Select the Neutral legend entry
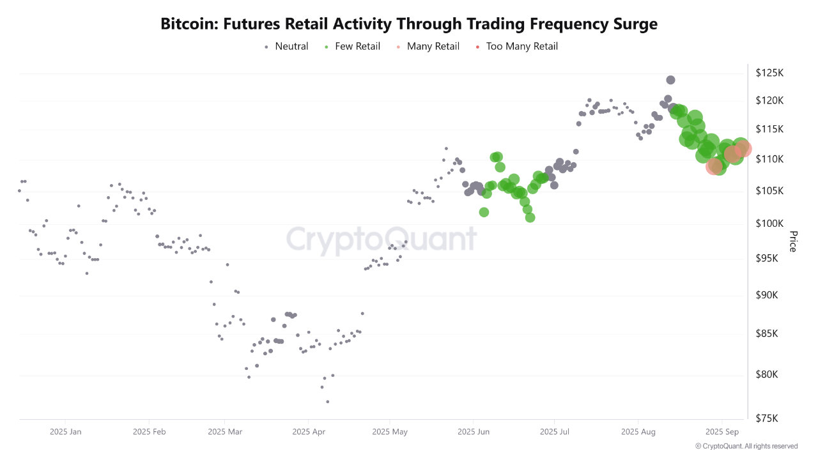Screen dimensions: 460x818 (291, 46)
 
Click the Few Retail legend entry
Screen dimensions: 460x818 (357, 46)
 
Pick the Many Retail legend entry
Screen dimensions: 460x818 (433, 46)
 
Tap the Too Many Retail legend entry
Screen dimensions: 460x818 (521, 46)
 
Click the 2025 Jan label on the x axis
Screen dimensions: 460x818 (66, 432)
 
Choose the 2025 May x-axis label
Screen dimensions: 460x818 (389, 432)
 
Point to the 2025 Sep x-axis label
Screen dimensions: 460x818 (722, 432)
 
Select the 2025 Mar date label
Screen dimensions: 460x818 (226, 432)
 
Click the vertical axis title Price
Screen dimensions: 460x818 (793, 241)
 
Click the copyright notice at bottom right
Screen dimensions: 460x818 (746, 446)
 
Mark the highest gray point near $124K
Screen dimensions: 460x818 (670, 80)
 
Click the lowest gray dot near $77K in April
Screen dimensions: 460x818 (328, 401)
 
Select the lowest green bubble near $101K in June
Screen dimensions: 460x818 (530, 217)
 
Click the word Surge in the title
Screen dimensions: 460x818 (633, 24)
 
